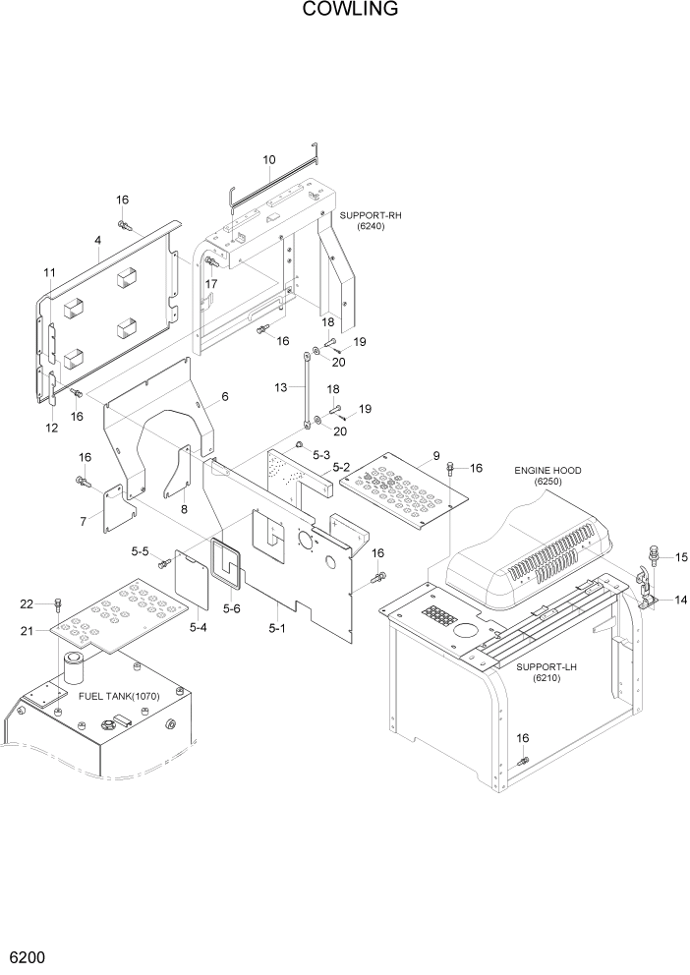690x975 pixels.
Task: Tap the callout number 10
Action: [268, 160]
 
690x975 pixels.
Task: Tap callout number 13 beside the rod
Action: [282, 388]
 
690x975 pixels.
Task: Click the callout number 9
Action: [435, 456]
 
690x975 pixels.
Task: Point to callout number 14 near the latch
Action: [679, 600]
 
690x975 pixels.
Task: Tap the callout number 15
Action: [680, 558]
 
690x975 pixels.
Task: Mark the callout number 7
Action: [84, 520]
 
